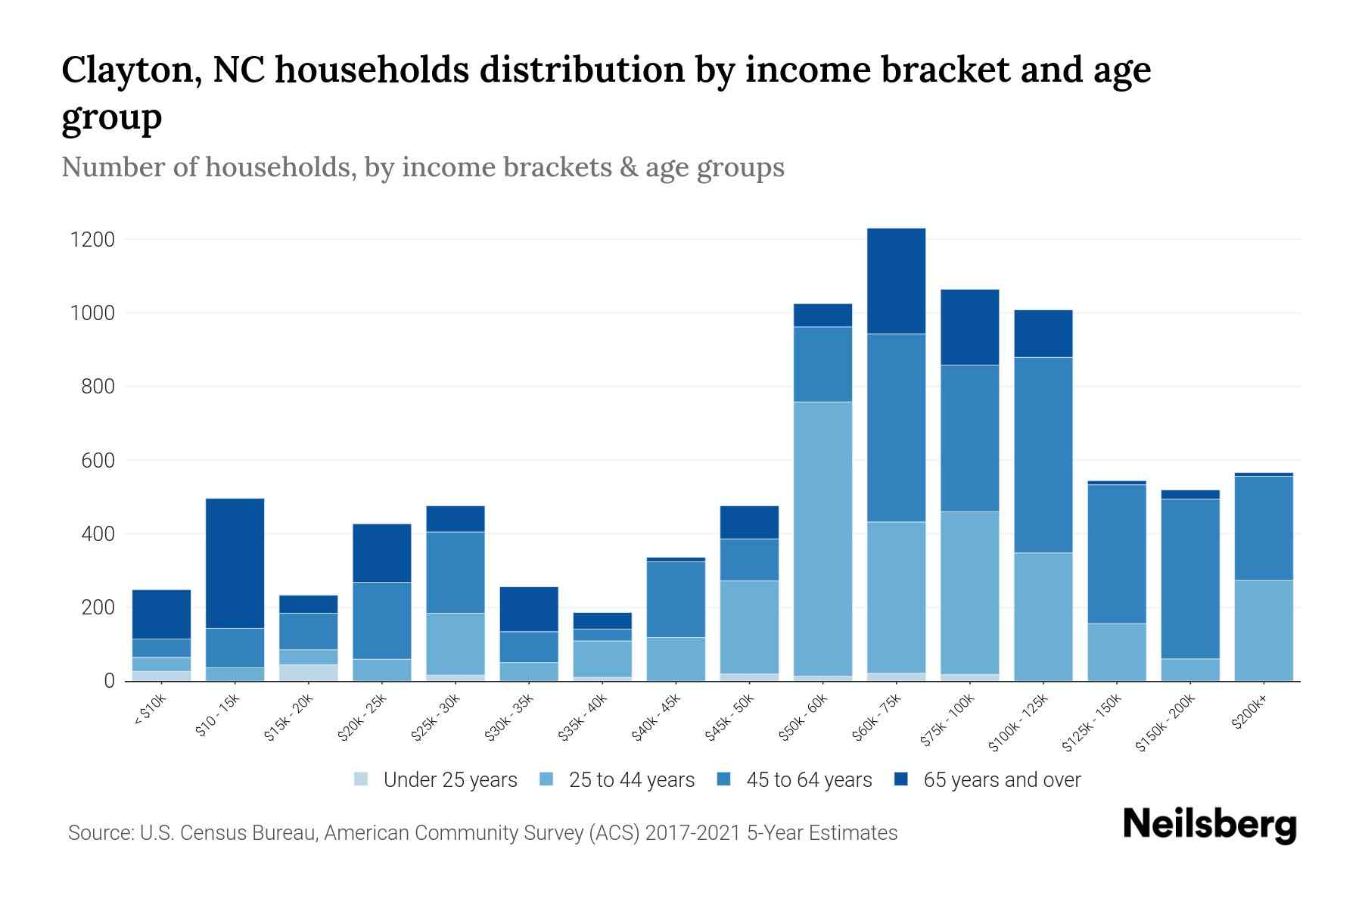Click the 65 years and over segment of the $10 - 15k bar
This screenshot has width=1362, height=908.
[235, 563]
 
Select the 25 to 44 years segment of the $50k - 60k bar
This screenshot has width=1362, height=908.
[822, 539]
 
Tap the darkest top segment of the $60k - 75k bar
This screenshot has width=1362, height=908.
[896, 281]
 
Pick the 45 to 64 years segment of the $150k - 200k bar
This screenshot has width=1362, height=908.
[1190, 579]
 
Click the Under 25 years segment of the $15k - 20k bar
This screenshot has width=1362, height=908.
[308, 673]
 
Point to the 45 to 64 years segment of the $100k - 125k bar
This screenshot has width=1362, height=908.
[1043, 455]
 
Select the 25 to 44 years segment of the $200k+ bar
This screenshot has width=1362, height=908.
[1263, 630]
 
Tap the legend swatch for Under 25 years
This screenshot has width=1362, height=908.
[362, 779]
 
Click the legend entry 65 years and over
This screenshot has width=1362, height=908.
[1001, 779]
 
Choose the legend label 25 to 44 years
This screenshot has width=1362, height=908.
[631, 779]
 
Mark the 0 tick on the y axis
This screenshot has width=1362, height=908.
[110, 681]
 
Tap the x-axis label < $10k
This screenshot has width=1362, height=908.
[150, 711]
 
